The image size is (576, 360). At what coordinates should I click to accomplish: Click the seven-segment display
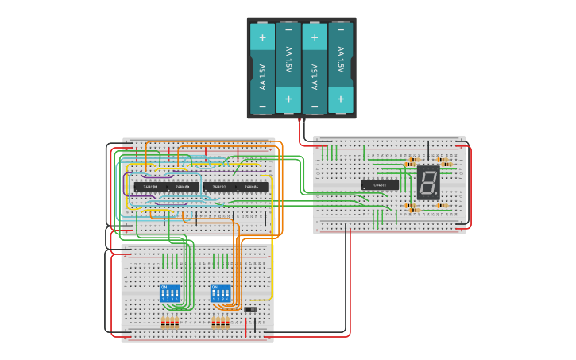point(428,183)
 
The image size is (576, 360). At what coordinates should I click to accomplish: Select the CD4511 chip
point(380,185)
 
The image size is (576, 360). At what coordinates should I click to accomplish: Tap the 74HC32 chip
point(218,188)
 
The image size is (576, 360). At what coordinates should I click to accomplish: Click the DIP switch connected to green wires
point(170,292)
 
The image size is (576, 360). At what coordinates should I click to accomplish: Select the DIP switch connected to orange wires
point(221,292)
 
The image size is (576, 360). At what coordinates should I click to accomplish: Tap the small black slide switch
point(249,308)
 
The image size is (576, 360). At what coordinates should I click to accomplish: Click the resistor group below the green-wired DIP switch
point(170,323)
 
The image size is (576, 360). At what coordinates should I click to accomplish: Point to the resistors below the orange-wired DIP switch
point(221,323)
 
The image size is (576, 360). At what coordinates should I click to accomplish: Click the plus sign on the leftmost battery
point(262,36)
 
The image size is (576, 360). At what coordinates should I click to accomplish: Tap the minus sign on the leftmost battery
point(262,105)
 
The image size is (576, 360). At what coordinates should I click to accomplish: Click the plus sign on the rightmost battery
point(341,99)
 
